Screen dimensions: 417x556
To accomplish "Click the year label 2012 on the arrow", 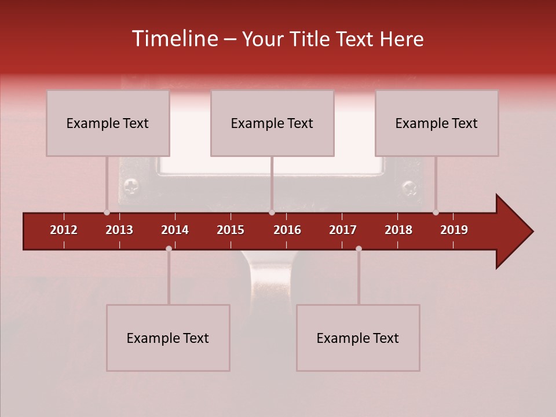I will coord(64,230).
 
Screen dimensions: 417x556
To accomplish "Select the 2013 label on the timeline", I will coord(119,230).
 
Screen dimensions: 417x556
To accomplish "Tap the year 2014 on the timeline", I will coord(175,230).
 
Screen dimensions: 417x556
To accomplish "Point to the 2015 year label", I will coord(231,230).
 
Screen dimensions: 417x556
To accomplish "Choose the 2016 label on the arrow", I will coord(287,230).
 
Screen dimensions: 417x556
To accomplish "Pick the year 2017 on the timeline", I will coord(343,230).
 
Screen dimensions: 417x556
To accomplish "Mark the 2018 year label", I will coord(398,230).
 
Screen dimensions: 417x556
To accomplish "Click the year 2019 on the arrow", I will coord(454,230).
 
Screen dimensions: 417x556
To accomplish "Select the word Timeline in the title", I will coord(173,39).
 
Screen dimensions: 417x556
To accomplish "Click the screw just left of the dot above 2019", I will coord(410,187).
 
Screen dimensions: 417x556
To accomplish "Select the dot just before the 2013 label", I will coord(107,213).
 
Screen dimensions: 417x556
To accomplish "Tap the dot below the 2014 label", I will coord(169,248).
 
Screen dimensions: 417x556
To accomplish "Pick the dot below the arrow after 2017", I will coord(359,248).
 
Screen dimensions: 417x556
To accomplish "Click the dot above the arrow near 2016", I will coord(272,213).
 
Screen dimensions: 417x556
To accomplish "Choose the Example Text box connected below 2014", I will coord(168,338).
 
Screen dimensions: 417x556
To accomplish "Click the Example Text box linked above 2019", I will coord(437,123).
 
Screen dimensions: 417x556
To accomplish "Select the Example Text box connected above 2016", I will coord(272,123).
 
